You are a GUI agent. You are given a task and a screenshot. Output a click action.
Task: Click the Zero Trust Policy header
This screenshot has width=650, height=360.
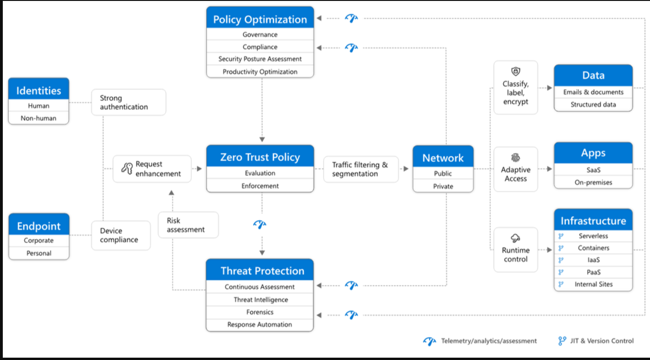point(260,156)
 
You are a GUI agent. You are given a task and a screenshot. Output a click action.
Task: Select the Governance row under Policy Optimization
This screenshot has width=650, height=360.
point(260,35)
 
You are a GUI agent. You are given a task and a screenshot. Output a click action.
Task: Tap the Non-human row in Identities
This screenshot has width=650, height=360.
point(39,118)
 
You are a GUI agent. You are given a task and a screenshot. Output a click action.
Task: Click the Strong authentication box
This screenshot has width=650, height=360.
point(129,102)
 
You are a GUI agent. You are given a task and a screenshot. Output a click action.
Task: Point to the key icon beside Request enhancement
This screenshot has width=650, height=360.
point(127,168)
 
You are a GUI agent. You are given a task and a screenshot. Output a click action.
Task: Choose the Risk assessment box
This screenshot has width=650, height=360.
point(188,225)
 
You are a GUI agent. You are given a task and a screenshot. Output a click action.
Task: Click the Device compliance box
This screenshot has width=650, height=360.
point(121,235)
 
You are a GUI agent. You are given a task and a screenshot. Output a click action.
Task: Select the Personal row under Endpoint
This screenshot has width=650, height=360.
point(39,253)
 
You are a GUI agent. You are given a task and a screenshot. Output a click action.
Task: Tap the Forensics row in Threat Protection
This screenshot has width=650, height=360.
point(260,312)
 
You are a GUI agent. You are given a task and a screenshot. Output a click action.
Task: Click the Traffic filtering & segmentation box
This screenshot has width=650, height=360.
point(361,169)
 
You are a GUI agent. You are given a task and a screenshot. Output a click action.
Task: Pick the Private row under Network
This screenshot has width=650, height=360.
point(443,186)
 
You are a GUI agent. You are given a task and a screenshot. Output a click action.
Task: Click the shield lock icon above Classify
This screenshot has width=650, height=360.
point(516,71)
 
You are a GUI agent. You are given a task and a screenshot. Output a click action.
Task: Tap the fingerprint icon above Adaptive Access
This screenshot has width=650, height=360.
point(516,158)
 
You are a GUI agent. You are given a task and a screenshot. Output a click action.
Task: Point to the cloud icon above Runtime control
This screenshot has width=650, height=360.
point(515,238)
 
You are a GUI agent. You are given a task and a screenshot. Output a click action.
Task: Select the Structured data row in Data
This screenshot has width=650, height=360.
point(593,104)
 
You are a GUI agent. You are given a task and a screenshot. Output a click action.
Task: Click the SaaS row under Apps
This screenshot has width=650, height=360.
point(593,170)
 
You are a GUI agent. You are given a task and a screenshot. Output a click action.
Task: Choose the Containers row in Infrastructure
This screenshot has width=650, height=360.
point(593,248)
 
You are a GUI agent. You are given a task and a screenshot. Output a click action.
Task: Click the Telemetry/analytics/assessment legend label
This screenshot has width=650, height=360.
point(489,341)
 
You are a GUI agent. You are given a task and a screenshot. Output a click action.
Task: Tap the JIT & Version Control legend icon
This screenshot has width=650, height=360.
point(562,341)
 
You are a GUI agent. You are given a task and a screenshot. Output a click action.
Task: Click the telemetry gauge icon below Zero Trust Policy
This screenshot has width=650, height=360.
point(260,224)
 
